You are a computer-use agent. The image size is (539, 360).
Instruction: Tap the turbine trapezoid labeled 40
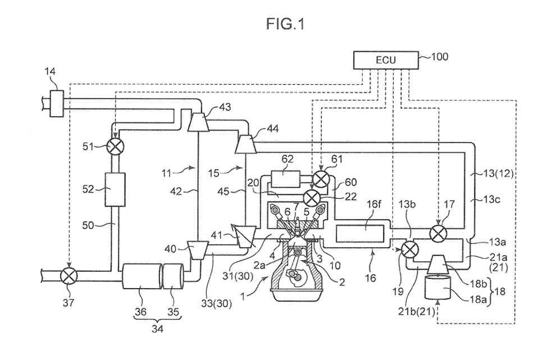[198, 249]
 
